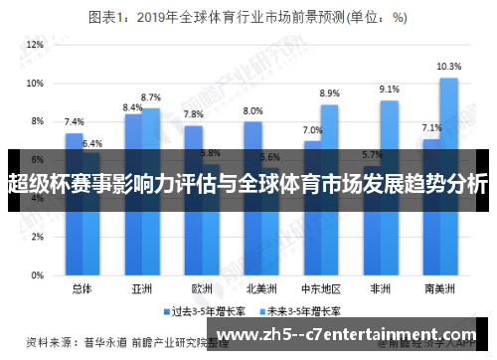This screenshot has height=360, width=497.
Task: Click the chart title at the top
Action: coord(248,16)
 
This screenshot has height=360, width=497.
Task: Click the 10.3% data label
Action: coord(449,67)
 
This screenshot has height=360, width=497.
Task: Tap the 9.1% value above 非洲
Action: coord(390,90)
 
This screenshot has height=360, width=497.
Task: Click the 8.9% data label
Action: coord(330,93)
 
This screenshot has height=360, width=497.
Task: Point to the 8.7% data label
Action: coord(151,97)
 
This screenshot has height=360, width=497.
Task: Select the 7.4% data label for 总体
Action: coord(74,122)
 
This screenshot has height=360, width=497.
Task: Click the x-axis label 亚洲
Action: coord(142,289)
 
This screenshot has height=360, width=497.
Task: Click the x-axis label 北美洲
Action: coord(261,289)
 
